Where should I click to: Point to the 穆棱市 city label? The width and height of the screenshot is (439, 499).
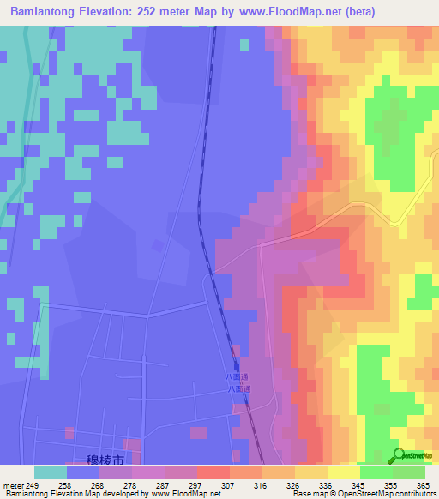(x=108, y=460)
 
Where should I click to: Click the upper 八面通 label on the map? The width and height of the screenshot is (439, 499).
(x=238, y=376)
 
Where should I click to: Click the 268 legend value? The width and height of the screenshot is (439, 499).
(x=99, y=485)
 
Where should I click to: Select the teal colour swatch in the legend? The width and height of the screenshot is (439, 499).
(x=51, y=472)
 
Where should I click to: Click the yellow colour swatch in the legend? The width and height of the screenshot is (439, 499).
(x=344, y=472)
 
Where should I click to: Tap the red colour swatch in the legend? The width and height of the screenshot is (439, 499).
(x=213, y=472)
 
